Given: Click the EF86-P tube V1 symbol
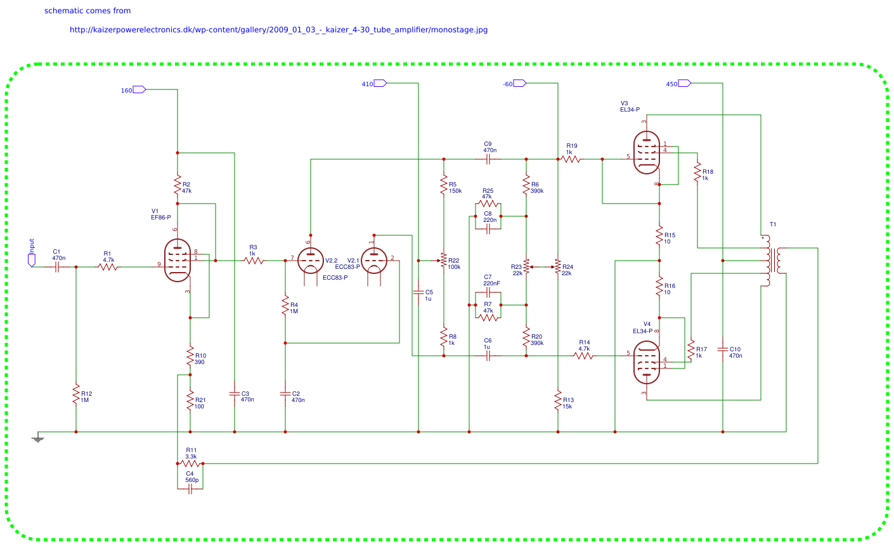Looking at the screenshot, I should click(x=178, y=260).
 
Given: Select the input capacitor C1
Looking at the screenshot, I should click(x=57, y=267).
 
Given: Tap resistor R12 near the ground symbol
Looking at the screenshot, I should click(x=76, y=394).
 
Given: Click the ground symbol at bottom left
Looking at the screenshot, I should click(x=38, y=438).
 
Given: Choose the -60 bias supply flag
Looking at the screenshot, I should click(x=519, y=84).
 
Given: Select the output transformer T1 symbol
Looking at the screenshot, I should click(x=773, y=261).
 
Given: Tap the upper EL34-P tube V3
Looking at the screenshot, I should click(x=647, y=152).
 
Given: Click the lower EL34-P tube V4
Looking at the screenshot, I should click(x=647, y=363).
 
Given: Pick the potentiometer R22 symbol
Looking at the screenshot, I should click(x=443, y=261).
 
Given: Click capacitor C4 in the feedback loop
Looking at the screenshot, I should click(x=190, y=489).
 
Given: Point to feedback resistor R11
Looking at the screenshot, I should click(x=190, y=464).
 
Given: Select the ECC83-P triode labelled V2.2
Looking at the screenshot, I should click(x=311, y=261).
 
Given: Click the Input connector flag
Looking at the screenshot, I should click(x=32, y=260).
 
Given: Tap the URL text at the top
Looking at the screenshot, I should click(x=278, y=30).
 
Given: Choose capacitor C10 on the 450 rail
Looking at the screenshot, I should click(x=723, y=349).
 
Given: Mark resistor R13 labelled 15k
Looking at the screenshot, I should click(x=558, y=400).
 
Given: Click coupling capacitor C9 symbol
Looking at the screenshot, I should click(x=488, y=159).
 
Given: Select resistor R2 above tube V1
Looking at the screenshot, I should click(x=178, y=185).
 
